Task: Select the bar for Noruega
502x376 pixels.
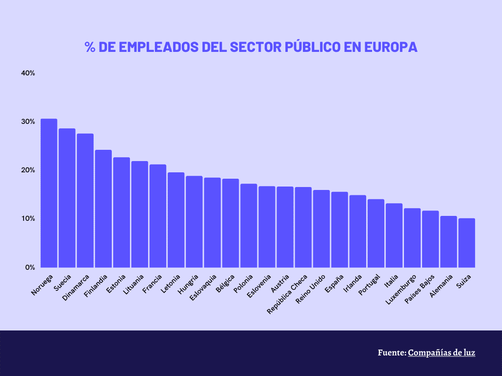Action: click(49, 193)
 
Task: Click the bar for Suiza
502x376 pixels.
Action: click(466, 243)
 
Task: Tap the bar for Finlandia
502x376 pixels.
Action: click(103, 209)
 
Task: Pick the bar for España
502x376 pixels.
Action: click(339, 230)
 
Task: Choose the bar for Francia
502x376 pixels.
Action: click(157, 216)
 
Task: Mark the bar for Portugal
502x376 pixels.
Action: click(376, 233)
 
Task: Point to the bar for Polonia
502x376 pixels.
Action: click(249, 226)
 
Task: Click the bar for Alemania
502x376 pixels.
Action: click(448, 242)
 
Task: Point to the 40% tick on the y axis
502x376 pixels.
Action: click(28, 73)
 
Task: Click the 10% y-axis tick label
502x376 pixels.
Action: click(28, 218)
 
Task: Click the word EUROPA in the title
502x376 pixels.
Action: click(390, 47)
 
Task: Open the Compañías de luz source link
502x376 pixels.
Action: click(442, 352)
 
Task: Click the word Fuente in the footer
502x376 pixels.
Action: click(391, 352)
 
